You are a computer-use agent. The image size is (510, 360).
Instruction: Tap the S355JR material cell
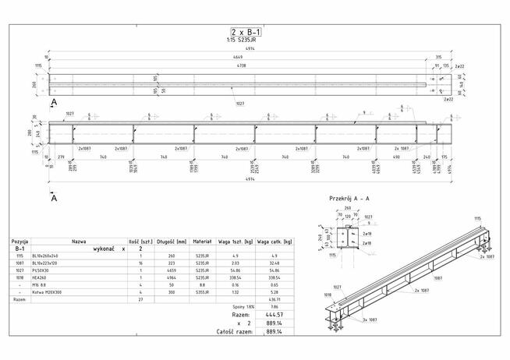(202, 291)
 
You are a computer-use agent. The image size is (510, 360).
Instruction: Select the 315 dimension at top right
(438, 58)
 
